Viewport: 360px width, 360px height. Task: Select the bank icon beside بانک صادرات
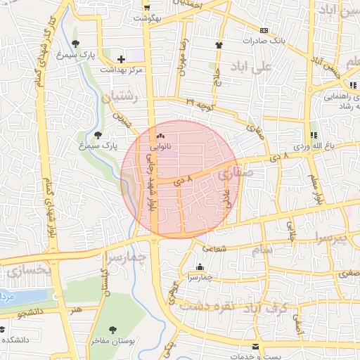[264, 30]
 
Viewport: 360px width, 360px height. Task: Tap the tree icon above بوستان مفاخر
[112, 329]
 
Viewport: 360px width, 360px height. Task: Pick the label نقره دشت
[204, 306]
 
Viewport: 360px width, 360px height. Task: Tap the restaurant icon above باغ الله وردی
[314, 134]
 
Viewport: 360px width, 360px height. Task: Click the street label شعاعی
[215, 247]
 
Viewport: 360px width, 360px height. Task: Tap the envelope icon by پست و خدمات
[257, 346]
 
